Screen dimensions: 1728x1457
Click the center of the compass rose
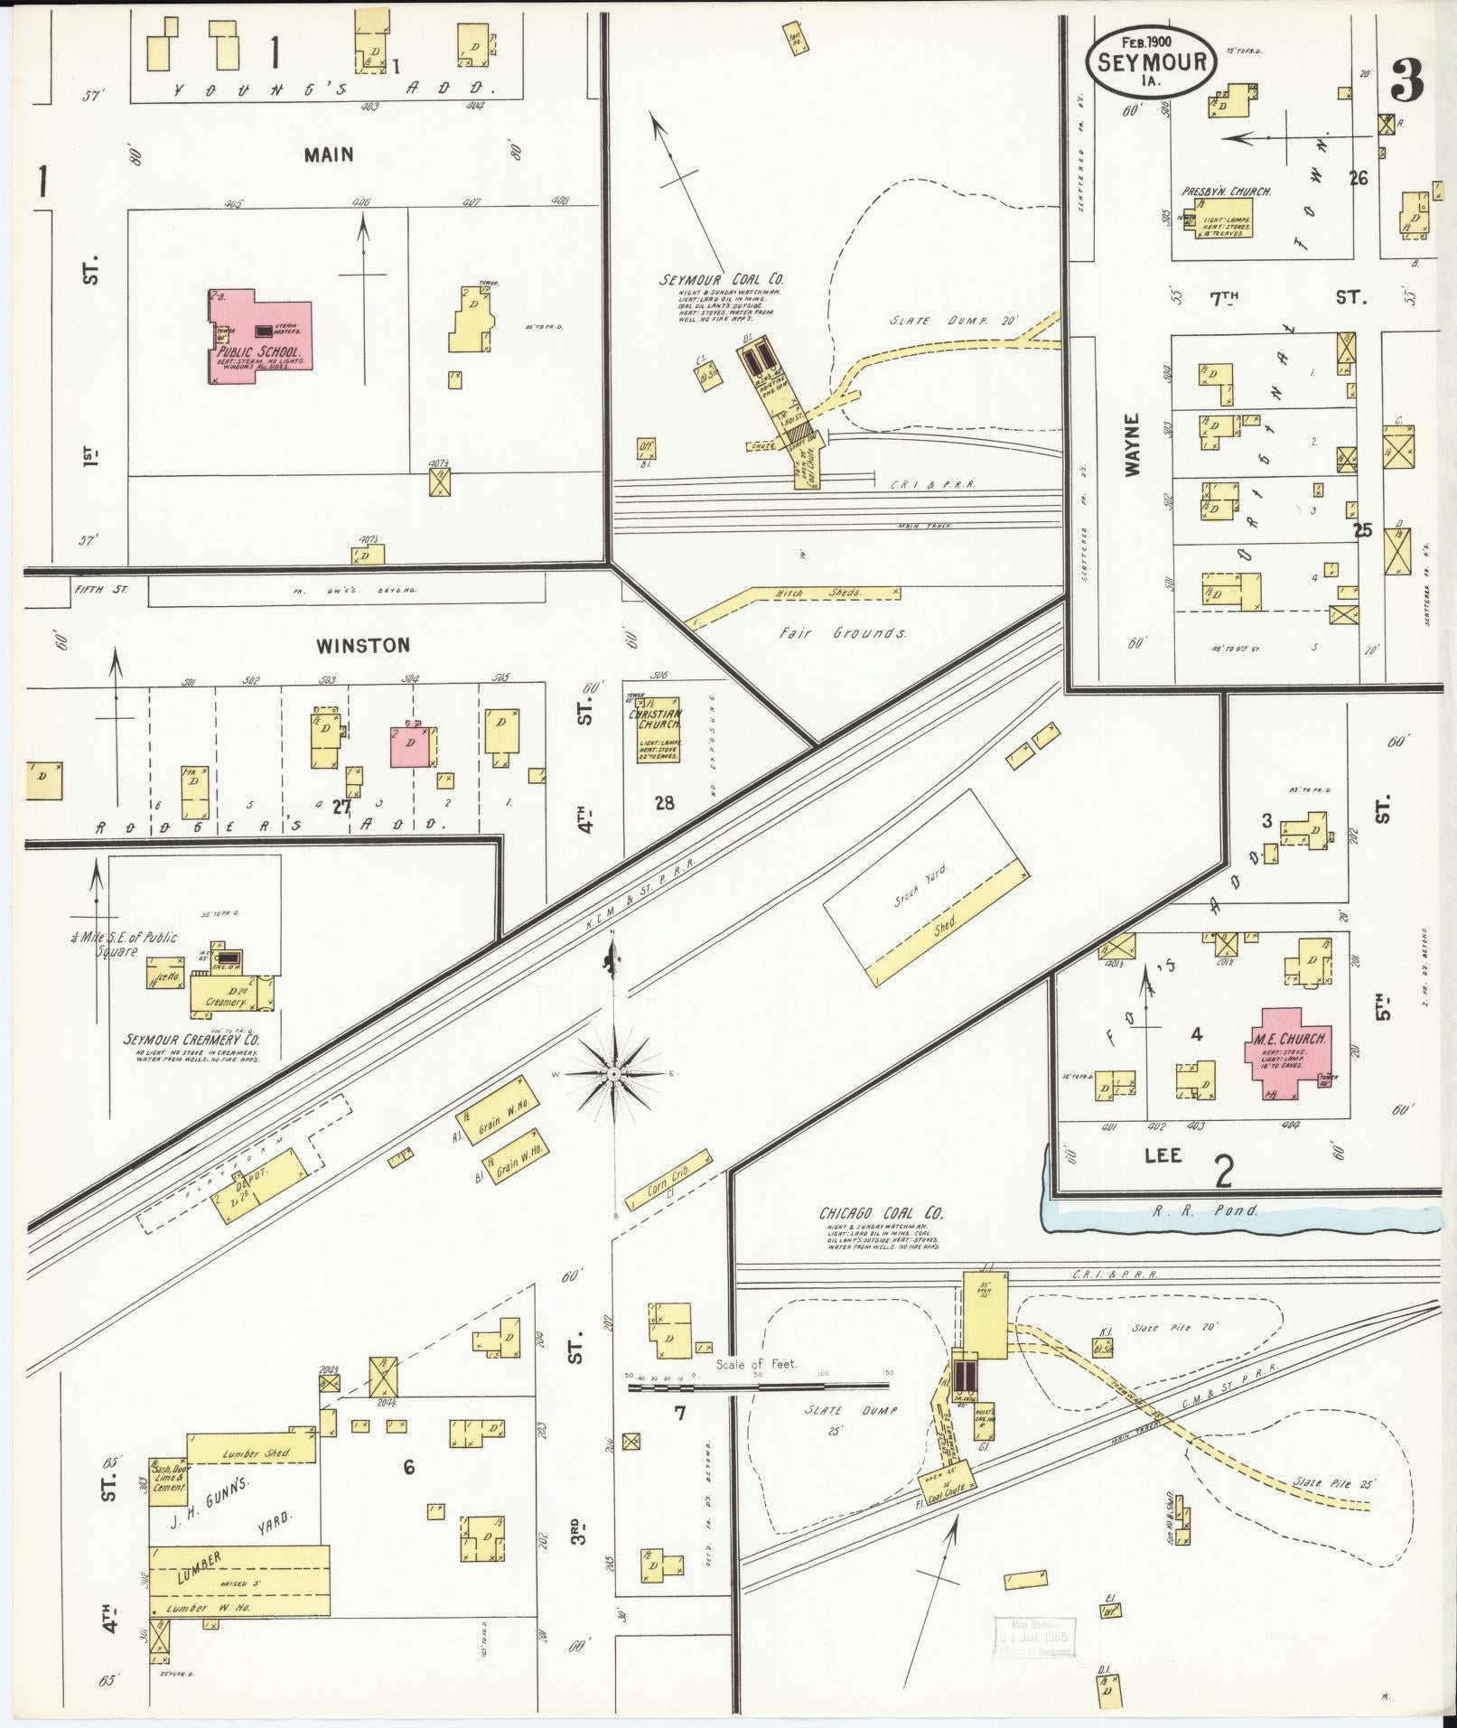pyautogui.click(x=614, y=1073)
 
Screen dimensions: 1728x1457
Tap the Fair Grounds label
pyautogui.click(x=843, y=633)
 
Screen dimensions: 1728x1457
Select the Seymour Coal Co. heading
pyautogui.click(x=721, y=280)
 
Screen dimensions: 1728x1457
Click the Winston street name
pyautogui.click(x=362, y=645)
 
